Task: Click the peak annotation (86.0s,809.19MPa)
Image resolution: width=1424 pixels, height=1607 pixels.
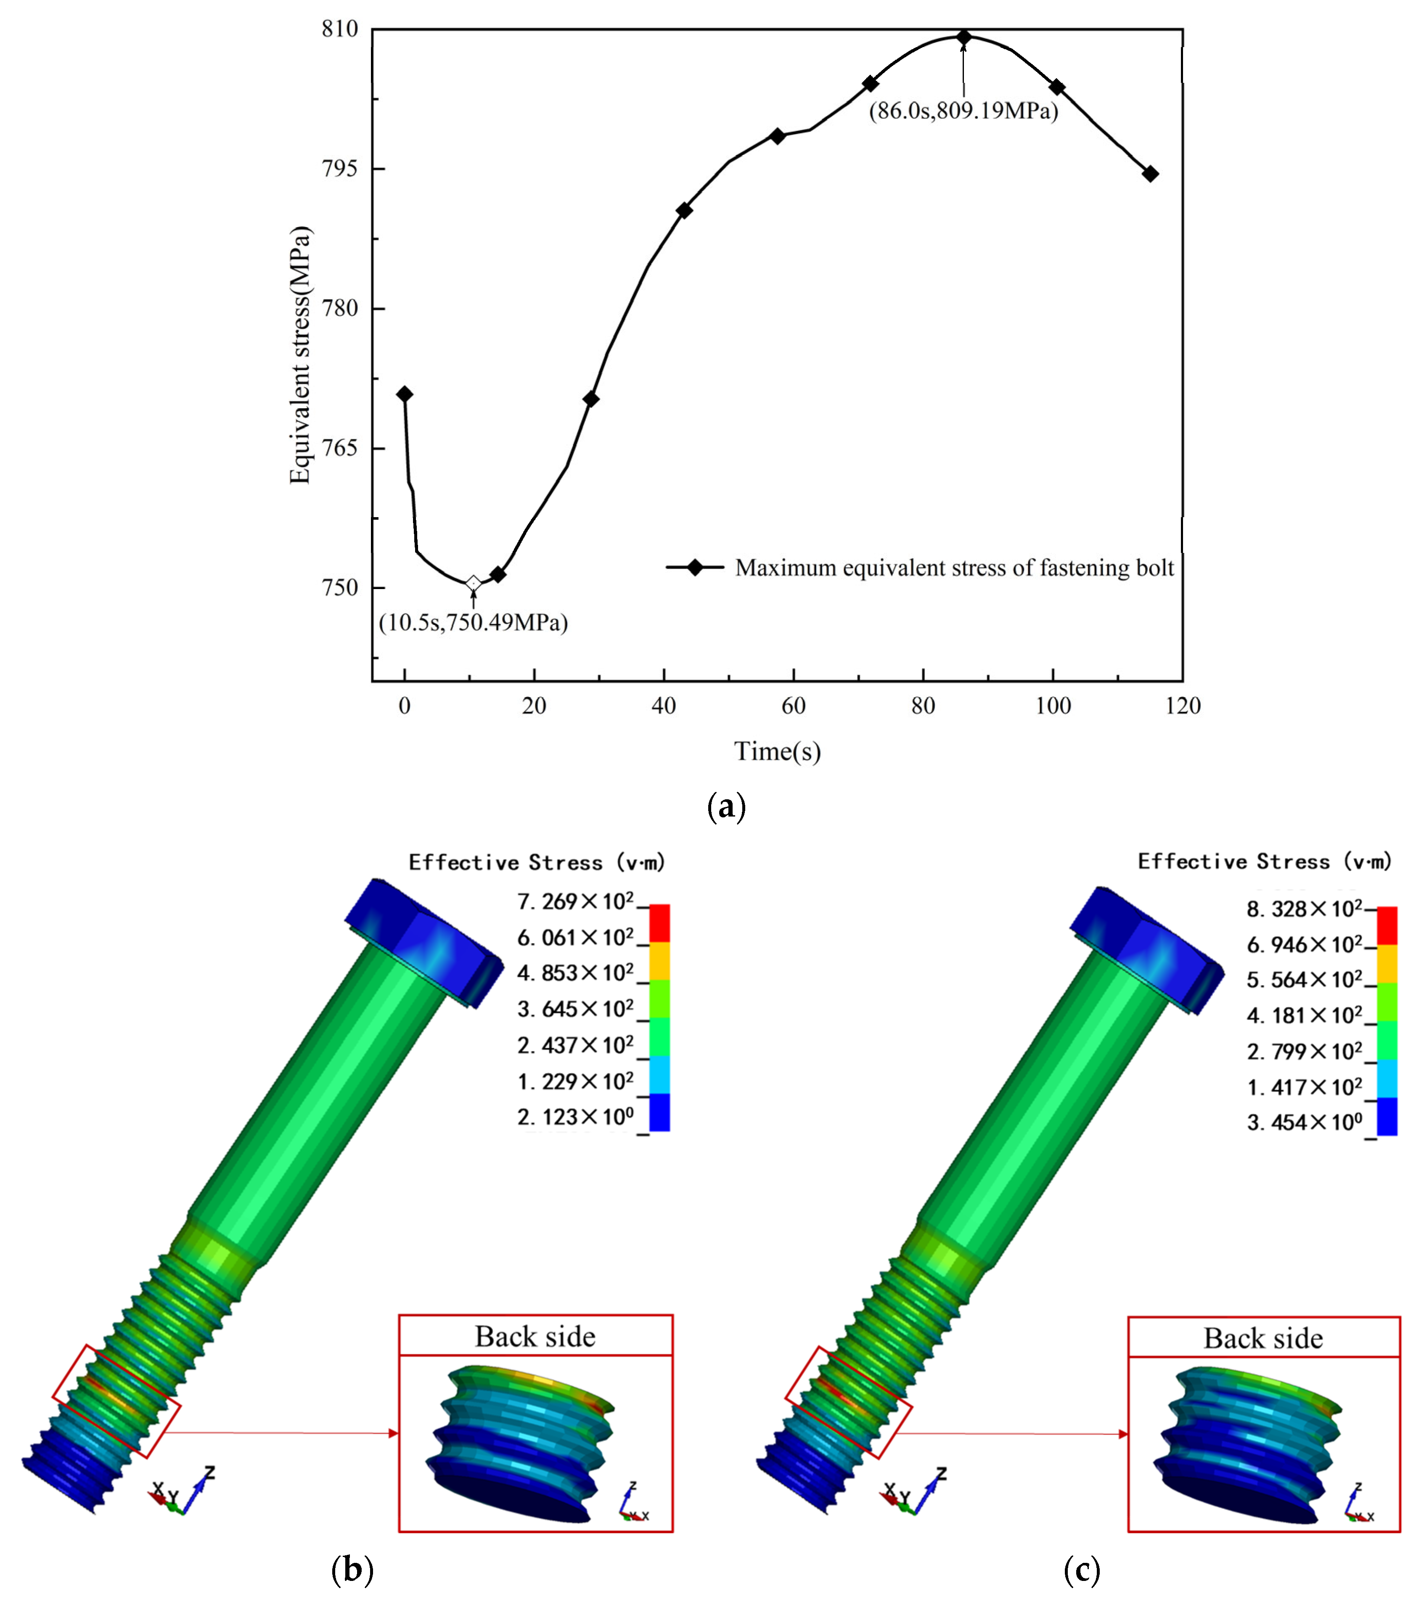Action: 963,111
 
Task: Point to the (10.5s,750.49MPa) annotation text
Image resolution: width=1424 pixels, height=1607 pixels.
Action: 474,623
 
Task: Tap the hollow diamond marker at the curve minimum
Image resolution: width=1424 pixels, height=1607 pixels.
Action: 474,583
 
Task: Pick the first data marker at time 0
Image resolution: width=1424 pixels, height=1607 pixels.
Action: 404,394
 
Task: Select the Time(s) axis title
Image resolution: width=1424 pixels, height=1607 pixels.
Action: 778,752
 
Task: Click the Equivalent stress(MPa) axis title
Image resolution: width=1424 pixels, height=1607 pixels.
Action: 300,355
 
